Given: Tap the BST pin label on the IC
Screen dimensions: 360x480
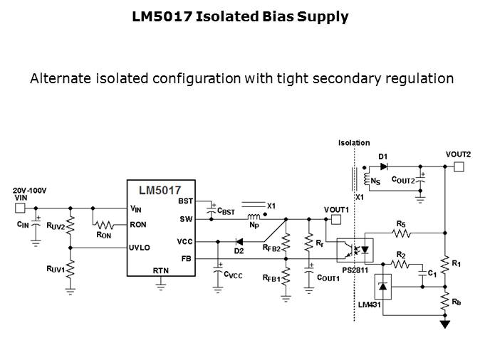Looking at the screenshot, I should coord(185,201).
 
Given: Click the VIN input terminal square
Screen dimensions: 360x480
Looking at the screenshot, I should coord(20,208).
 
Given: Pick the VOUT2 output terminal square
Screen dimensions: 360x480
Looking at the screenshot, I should coord(459,166).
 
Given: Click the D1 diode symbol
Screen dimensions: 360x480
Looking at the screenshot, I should coord(383,166).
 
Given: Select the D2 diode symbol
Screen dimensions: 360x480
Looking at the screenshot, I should coord(240,242).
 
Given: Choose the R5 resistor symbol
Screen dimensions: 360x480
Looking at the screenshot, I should coord(402,233).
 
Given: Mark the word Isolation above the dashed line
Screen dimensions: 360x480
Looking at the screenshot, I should coord(354,143).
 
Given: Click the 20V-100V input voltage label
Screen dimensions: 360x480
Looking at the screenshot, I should coord(28,191).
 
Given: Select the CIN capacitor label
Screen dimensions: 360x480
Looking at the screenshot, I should coord(22,223).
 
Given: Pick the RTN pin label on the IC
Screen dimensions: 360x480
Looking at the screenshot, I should coord(161,270).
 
